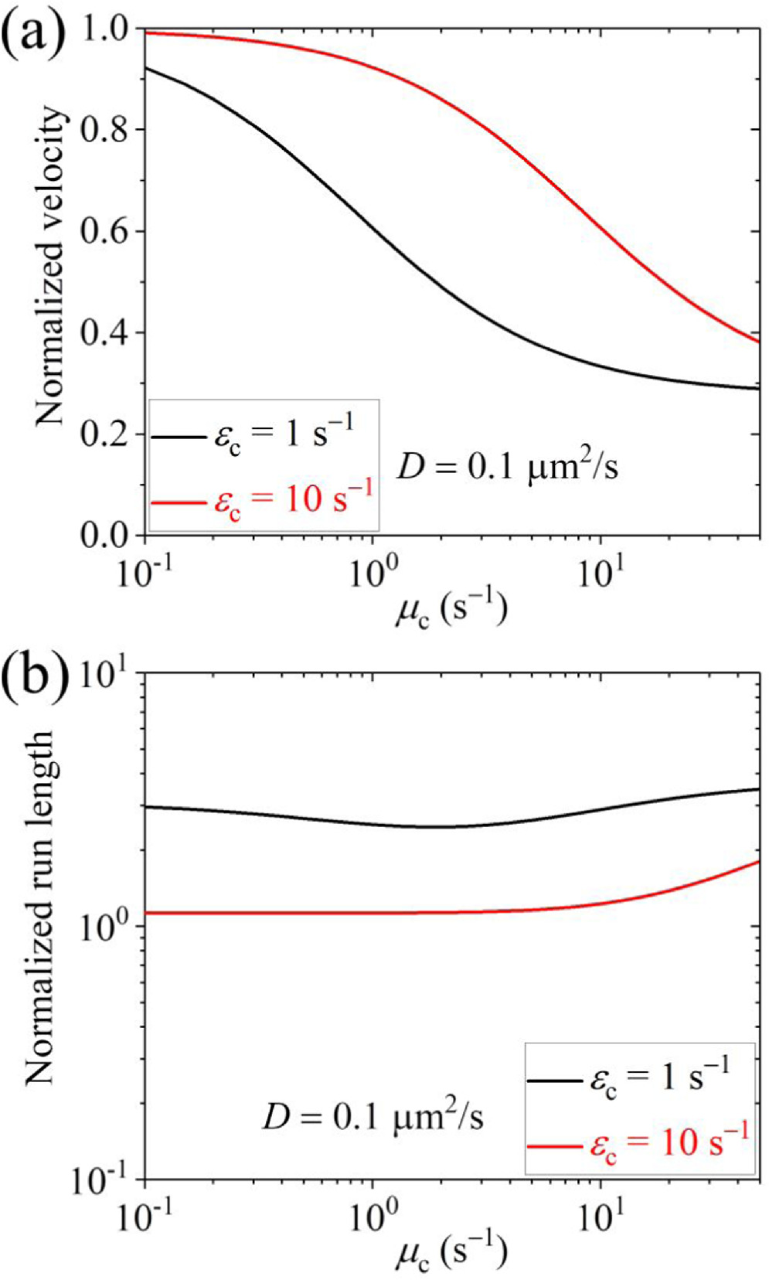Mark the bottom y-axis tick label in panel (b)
pyautogui.click(x=104, y=1182)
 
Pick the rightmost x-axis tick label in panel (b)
pyautogui.click(x=601, y=1217)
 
